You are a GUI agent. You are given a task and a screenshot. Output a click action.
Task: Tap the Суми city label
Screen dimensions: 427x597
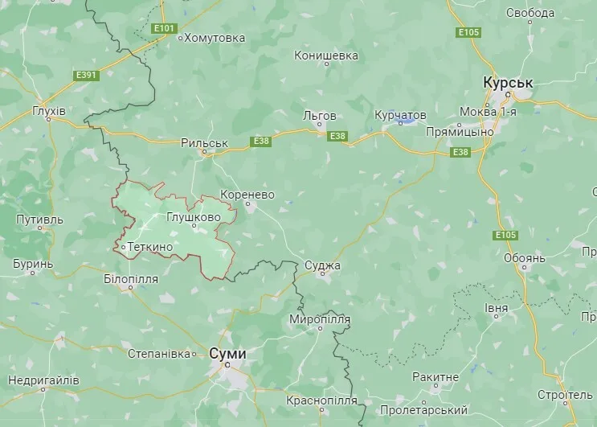227,353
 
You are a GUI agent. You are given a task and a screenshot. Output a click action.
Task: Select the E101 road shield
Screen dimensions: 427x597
164,29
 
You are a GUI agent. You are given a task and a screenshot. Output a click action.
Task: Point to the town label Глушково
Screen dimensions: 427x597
193,217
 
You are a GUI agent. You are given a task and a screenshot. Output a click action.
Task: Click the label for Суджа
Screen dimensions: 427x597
323,265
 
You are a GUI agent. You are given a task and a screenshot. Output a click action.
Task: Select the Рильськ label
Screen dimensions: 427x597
205,143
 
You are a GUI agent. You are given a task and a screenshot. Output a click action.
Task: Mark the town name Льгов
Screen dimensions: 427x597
319,116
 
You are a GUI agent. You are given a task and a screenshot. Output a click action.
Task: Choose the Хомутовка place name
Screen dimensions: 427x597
215,37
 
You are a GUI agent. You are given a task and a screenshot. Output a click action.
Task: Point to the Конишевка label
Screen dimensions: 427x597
325,55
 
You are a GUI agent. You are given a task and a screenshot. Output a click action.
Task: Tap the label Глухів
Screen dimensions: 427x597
49,110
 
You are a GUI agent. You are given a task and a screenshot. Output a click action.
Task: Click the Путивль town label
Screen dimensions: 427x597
39,219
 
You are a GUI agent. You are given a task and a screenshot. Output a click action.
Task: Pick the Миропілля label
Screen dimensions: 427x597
321,320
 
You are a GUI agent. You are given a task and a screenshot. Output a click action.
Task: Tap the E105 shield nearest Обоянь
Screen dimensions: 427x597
505,235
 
